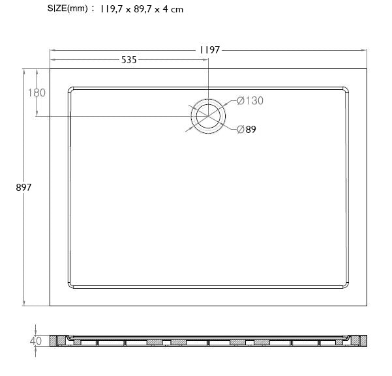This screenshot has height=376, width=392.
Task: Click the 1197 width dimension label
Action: pyautogui.click(x=209, y=50)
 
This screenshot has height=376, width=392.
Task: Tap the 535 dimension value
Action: pyautogui.click(x=128, y=60)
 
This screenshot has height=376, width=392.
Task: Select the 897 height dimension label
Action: pyautogui.click(x=23, y=188)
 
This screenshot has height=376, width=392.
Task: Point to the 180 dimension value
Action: pyautogui.click(x=37, y=93)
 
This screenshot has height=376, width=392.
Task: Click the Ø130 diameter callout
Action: pyautogui.click(x=250, y=101)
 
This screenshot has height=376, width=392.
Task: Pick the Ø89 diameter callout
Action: pyautogui.click(x=247, y=130)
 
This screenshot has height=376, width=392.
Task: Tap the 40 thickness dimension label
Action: pyautogui.click(x=35, y=341)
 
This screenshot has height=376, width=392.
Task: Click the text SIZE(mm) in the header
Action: pyautogui.click(x=67, y=8)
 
